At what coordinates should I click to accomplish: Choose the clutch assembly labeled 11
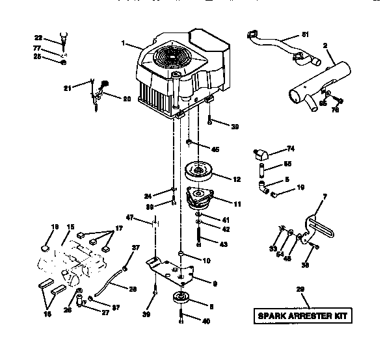point(203,199)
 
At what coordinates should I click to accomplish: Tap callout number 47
point(130,217)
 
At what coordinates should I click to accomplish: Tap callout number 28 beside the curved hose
point(133,289)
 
